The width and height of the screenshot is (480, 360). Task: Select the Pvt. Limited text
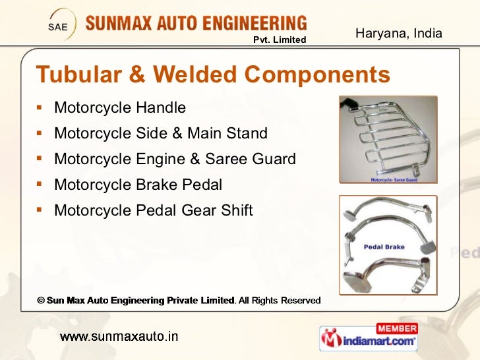280,40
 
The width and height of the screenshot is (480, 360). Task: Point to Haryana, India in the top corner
399,33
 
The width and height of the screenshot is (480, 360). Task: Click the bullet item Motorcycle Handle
120,107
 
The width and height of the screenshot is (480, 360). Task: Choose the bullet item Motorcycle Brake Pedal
138,185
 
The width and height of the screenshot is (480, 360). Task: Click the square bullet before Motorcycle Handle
41,107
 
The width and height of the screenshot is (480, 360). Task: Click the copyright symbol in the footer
40,301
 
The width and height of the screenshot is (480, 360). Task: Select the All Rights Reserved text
280,301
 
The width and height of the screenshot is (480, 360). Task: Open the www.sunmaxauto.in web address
119,337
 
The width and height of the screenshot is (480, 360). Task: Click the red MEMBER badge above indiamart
397,328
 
